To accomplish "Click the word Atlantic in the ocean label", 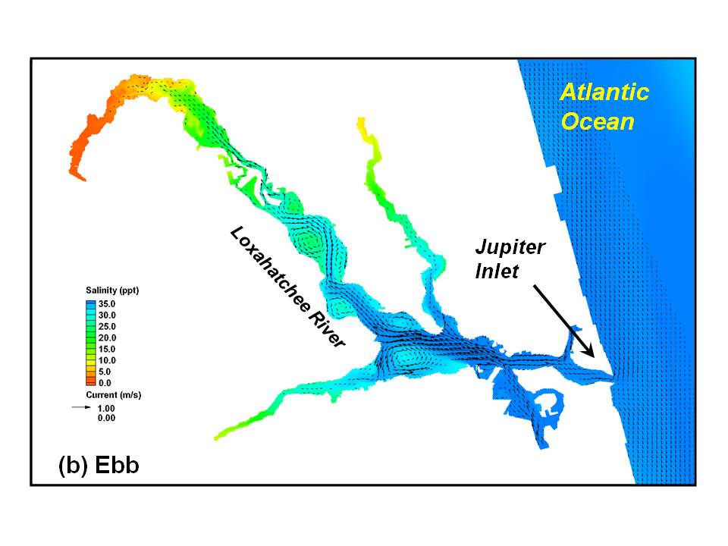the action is coord(604,92).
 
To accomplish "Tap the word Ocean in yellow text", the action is coord(598,121).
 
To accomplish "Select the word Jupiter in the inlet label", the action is coord(510,247).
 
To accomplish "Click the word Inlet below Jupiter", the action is coord(497,271).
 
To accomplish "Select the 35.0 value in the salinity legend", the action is coord(107,304).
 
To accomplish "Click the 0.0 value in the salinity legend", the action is coord(105,383).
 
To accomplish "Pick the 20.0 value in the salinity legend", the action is coord(107,338).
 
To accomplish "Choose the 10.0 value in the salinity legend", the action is coord(107,360).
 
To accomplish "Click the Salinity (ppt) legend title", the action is coord(112,290).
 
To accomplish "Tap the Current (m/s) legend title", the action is coord(114,395).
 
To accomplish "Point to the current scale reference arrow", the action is coord(81,407).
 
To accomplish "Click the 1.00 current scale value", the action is coord(106,409).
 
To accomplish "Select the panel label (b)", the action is coord(74,466).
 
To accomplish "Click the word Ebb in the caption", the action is coord(117,465).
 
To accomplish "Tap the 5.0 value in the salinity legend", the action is coord(105,372).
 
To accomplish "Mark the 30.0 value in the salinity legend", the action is coord(107,315).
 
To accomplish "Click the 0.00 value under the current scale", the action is coord(106,418).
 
